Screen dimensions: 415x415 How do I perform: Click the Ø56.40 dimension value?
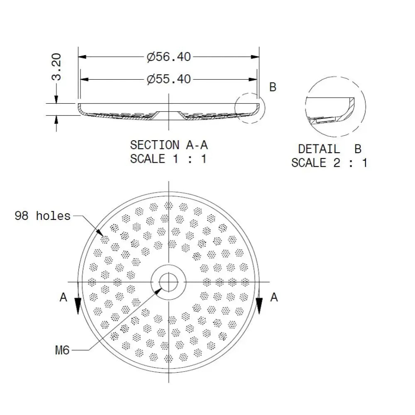coord(168,57)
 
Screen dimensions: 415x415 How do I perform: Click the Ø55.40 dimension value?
coord(168,78)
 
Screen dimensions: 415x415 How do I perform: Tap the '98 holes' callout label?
coord(43,216)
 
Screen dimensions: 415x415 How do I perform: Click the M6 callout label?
coord(63,351)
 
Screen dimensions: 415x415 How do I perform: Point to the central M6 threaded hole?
coord(168,282)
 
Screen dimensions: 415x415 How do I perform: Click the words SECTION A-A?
coord(168,145)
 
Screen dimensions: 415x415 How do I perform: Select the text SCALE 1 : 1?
coord(168,159)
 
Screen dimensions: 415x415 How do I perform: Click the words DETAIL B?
coord(330,149)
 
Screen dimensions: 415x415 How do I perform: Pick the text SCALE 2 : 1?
coord(330,163)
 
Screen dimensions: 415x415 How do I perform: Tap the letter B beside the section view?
coord(273,87)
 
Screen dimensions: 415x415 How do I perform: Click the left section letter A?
coord(63,297)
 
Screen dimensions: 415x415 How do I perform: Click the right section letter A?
coord(273,297)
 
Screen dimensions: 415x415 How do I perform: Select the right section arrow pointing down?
coord(259,307)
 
